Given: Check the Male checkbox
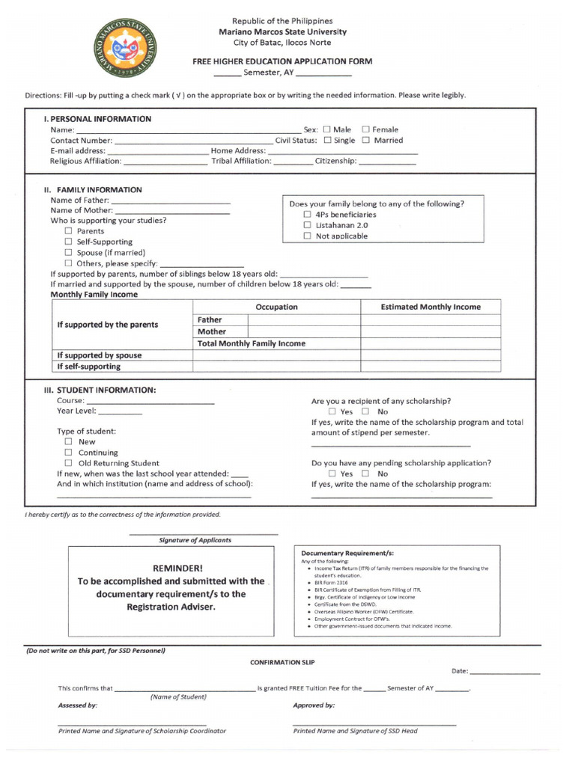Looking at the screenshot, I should click(x=327, y=129).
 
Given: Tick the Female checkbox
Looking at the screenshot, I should click(x=366, y=129).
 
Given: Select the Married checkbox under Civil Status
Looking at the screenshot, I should click(x=366, y=140).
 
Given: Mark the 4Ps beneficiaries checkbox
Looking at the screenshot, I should click(x=307, y=215).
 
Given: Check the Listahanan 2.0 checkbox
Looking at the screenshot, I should click(x=307, y=225).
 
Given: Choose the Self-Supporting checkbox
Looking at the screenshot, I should click(x=68, y=242).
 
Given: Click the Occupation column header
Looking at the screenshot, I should click(x=276, y=307).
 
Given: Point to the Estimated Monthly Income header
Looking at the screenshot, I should click(x=431, y=307).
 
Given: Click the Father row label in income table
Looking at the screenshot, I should click(x=210, y=320).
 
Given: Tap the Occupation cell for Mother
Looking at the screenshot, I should click(x=303, y=331).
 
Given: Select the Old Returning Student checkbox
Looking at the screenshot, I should click(x=68, y=463).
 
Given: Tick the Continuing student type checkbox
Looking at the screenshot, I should click(x=68, y=453).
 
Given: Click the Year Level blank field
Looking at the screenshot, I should click(x=120, y=411).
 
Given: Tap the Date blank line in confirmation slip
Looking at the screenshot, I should click(x=505, y=672).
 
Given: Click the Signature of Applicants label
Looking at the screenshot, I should click(x=195, y=540).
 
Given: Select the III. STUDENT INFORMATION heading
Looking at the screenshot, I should click(x=100, y=390).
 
